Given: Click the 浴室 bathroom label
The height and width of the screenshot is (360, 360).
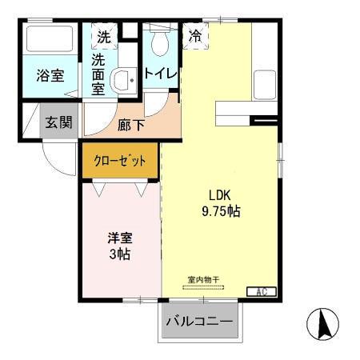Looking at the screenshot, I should point(50,76).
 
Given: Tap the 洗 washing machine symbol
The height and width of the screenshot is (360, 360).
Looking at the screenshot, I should point(104,36).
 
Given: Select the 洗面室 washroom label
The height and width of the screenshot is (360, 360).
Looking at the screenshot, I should point(98,74).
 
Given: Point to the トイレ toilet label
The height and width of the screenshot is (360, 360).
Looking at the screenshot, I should point(161,74).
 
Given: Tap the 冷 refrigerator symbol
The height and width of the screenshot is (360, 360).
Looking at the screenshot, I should point(195,35).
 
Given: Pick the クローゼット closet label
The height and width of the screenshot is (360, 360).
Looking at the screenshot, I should point(120,161).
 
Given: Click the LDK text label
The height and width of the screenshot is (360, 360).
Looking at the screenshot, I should point(222,195).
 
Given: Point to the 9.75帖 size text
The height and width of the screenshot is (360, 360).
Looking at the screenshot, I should point(221,212).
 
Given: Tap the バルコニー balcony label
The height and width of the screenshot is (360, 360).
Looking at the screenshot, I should point(199,322).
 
